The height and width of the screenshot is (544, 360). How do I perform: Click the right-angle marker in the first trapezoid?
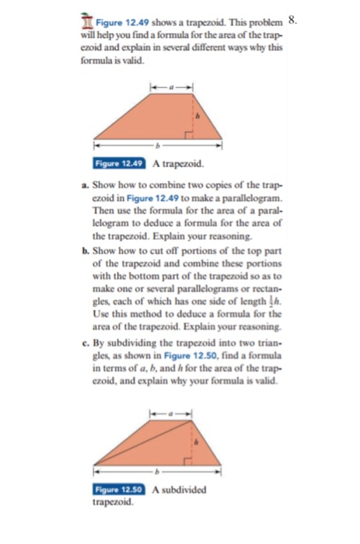click(189, 134)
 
